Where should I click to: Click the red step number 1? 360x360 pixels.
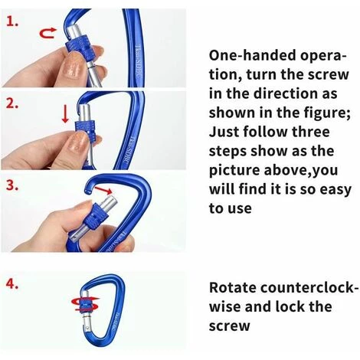click(12, 21)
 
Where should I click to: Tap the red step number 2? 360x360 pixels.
click(12, 103)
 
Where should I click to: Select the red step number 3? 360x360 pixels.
click(12, 185)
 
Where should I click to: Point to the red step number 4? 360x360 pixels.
click(12, 284)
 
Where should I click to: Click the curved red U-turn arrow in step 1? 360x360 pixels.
click(47, 33)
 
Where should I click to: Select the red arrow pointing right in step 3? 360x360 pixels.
click(103, 190)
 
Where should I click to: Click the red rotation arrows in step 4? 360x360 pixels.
click(85, 304)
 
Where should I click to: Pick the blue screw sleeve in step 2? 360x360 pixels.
click(86, 130)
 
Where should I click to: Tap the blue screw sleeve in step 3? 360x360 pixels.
click(95, 217)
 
